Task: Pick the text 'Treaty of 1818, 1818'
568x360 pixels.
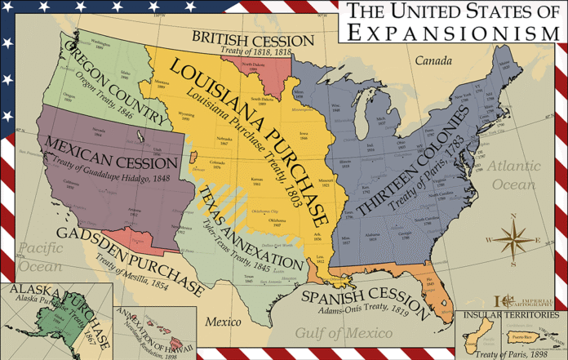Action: pyautogui.click(x=255, y=51)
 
